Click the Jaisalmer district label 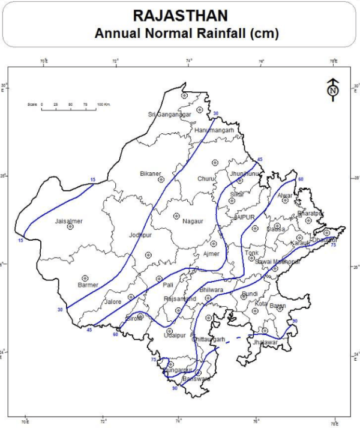pyautogui.click(x=68, y=222)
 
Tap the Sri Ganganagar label pyautogui.click(x=169, y=115)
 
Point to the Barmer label pyautogui.click(x=88, y=285)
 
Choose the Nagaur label pyautogui.click(x=192, y=221)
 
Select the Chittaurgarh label pyautogui.click(x=208, y=340)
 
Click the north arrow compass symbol pyautogui.click(x=332, y=88)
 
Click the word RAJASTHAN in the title pyautogui.click(x=180, y=15)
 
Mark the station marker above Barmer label pyautogui.click(x=86, y=277)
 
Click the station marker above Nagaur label pyautogui.click(x=177, y=216)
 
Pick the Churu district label pyautogui.click(x=205, y=179)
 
